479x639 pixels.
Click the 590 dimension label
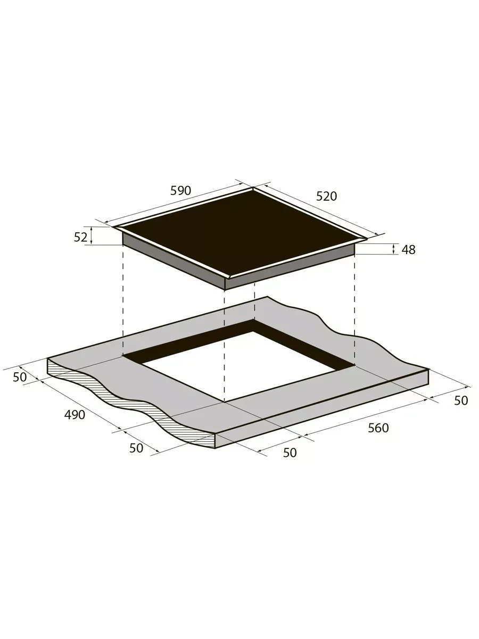pyautogui.click(x=180, y=191)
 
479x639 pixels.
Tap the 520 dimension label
pyautogui.click(x=326, y=196)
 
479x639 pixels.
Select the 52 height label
pyautogui.click(x=80, y=237)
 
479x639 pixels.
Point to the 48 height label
pyautogui.click(x=408, y=250)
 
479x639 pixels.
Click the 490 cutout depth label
pyautogui.click(x=75, y=415)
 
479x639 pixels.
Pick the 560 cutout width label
pyautogui.click(x=378, y=428)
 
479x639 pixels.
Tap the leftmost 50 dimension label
pyautogui.click(x=20, y=378)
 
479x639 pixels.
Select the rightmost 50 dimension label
pyautogui.click(x=461, y=400)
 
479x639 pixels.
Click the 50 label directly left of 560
pyautogui.click(x=290, y=453)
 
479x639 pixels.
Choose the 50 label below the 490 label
pyautogui.click(x=136, y=448)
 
